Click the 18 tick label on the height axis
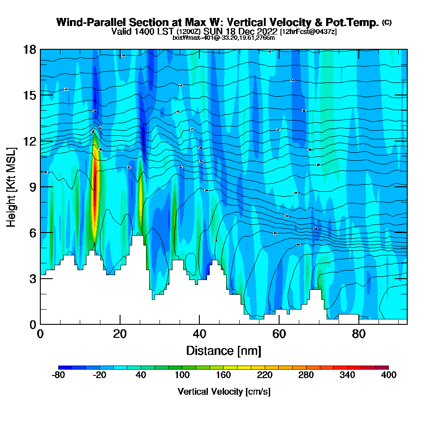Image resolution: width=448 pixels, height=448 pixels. click(x=30, y=49)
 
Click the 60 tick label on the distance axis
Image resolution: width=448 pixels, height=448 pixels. click(x=279, y=334)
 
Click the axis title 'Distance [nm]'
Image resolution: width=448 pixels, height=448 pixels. click(x=224, y=350)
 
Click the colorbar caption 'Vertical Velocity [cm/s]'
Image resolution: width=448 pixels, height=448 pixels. click(x=224, y=392)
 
